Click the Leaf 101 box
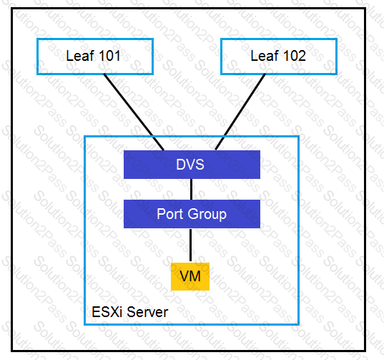click(95, 57)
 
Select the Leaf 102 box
click(279, 57)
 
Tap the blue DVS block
click(192, 165)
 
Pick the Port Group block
click(192, 214)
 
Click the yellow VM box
click(190, 276)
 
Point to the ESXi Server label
click(130, 312)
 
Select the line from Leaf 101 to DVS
click(134, 112)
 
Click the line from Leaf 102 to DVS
click(240, 112)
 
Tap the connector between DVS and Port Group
click(191, 189)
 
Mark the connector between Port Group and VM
click(190, 245)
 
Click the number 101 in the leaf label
click(109, 56)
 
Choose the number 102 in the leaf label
click(295, 56)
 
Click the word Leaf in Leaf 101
click(80, 56)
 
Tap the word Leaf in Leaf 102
click(265, 56)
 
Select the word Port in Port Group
click(170, 214)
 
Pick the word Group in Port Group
click(207, 215)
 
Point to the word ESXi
click(107, 312)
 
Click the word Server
click(147, 312)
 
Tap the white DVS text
click(190, 165)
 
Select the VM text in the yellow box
click(190, 276)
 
